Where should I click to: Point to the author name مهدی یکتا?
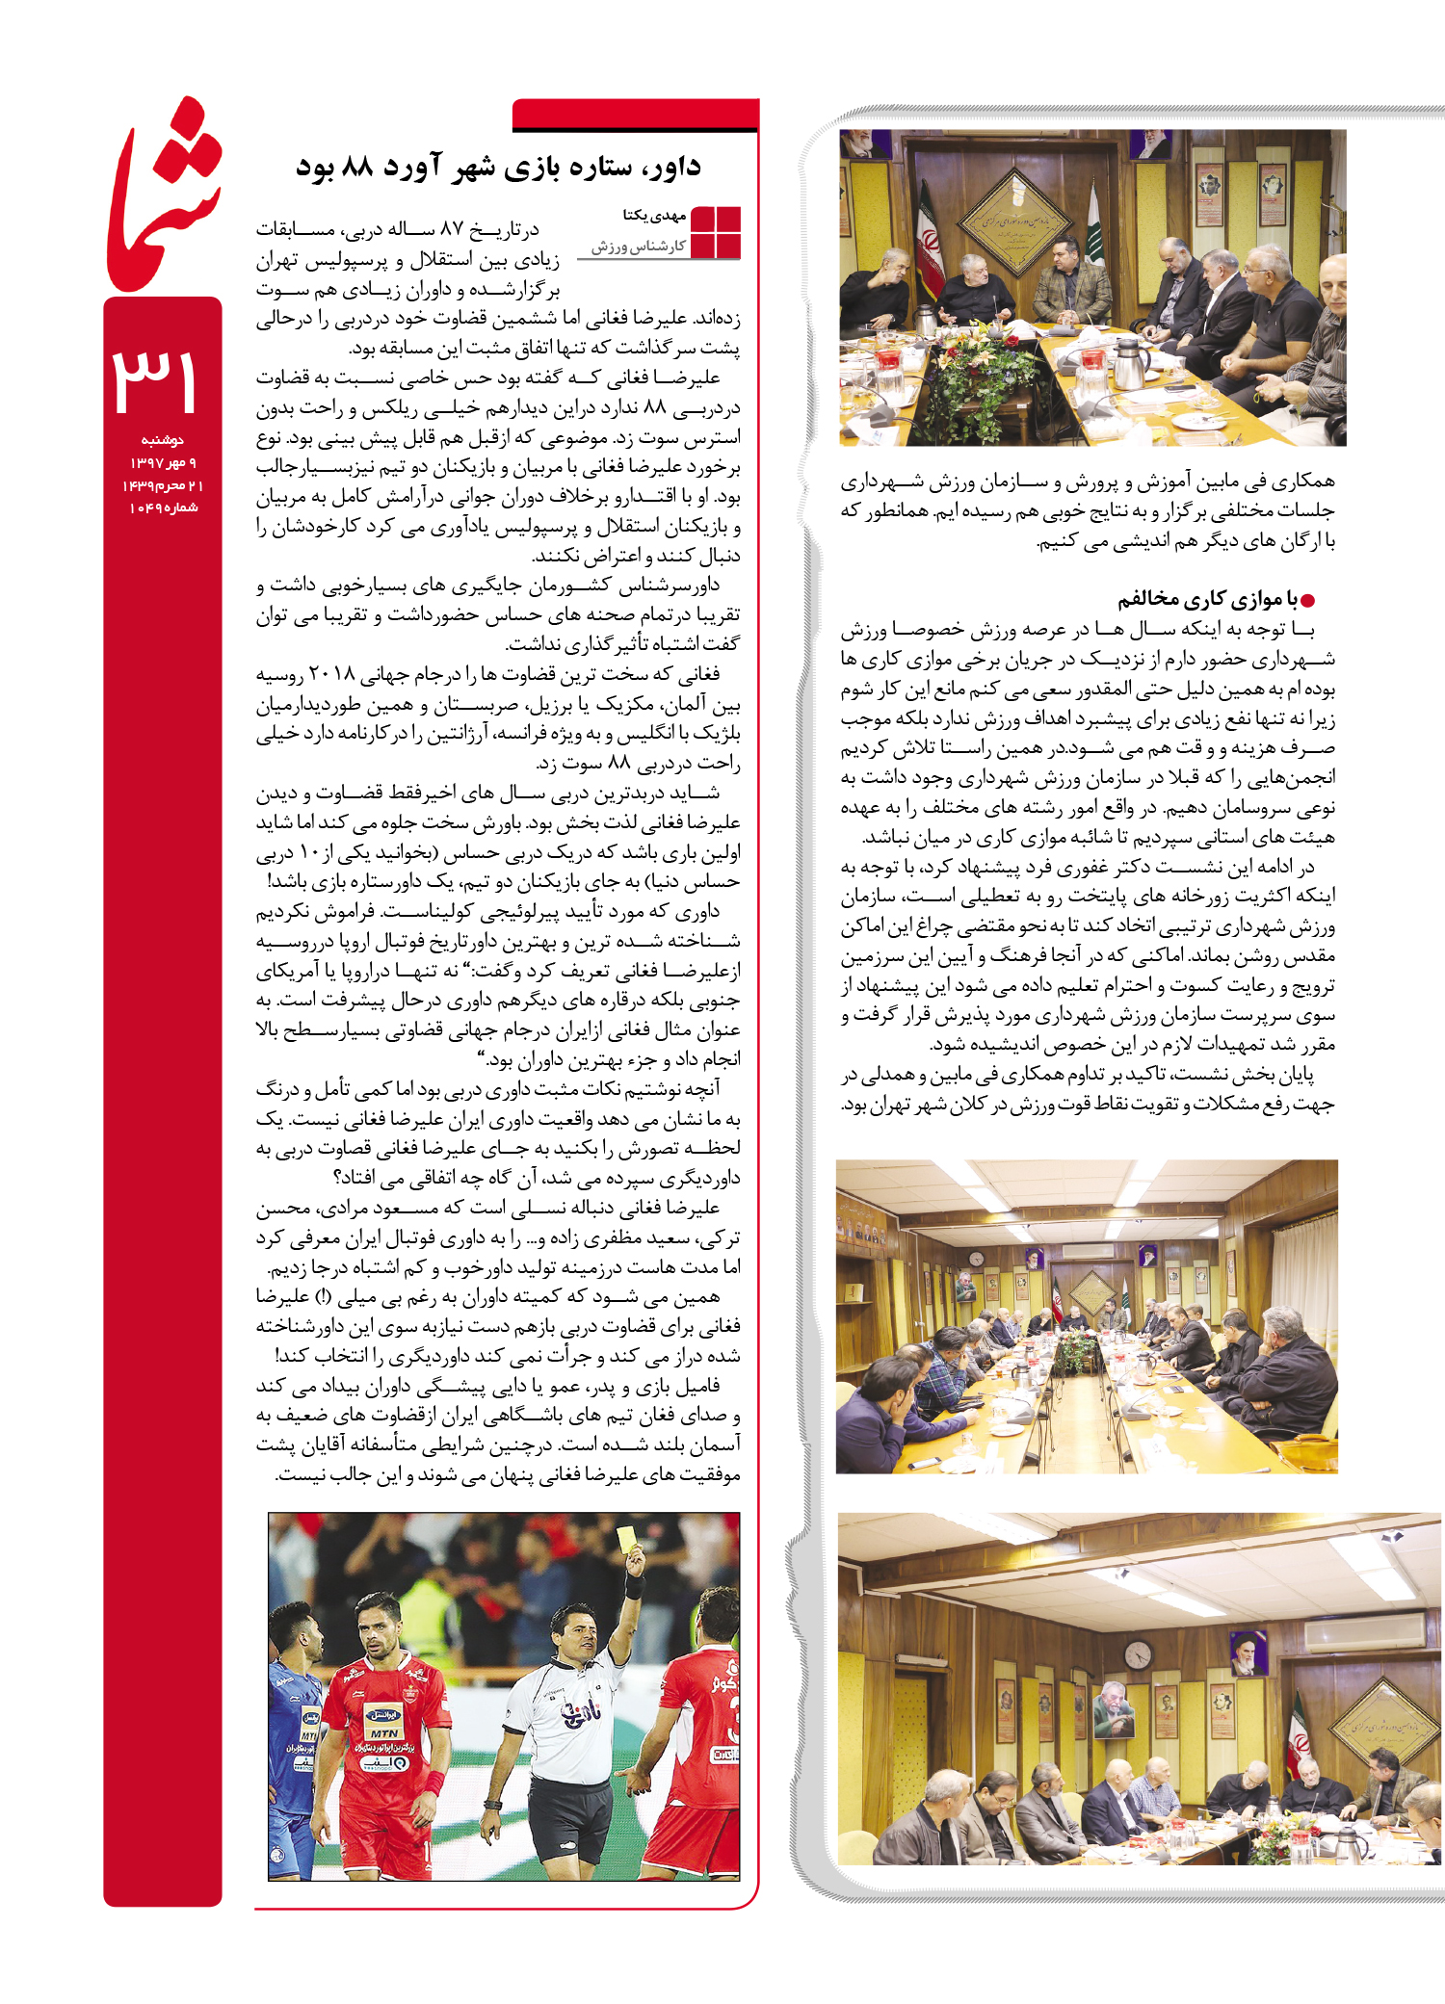pos(654,215)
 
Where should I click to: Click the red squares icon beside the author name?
pos(716,232)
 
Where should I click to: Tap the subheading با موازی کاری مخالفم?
pos(1207,600)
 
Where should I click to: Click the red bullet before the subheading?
pos(1307,601)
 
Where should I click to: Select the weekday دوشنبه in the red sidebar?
pos(162,440)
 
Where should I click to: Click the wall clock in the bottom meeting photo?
pos(1138,1654)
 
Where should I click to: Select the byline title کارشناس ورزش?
pos(638,247)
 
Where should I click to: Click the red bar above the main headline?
pos(635,116)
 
